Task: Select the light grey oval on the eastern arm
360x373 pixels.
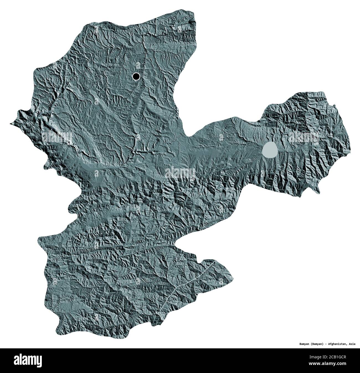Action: [270, 150]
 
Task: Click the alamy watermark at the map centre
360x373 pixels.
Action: [180, 173]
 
